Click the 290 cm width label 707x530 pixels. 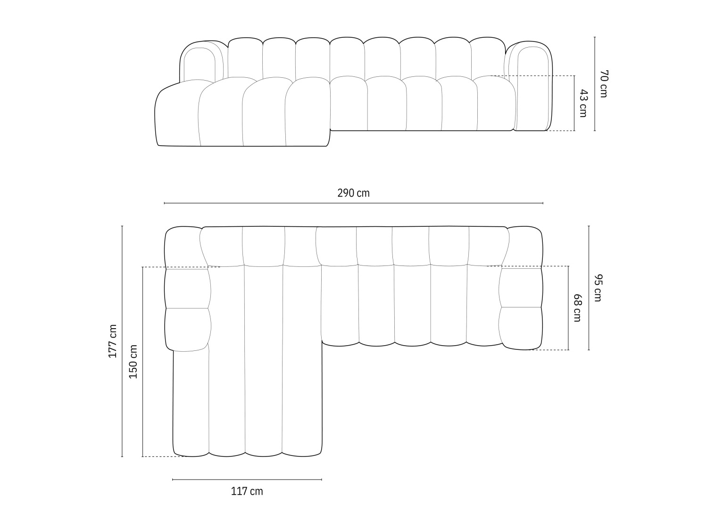[x=353, y=193]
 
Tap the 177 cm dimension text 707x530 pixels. [x=113, y=341]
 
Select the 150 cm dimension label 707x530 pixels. [x=133, y=362]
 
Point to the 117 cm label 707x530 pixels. [x=247, y=491]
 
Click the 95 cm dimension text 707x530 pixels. [x=598, y=288]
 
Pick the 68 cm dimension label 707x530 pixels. [x=577, y=307]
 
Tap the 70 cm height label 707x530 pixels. [x=604, y=83]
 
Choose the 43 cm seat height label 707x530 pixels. [x=583, y=103]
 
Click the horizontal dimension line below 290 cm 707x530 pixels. [x=353, y=203]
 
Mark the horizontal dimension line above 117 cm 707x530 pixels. [x=247, y=480]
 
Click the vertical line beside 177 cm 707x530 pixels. [x=122, y=341]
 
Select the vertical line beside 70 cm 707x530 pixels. [x=595, y=83]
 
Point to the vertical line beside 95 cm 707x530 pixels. [x=589, y=288]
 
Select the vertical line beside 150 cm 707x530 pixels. [x=142, y=362]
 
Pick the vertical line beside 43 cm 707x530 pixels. [x=574, y=103]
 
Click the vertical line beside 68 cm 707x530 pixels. [x=568, y=307]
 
